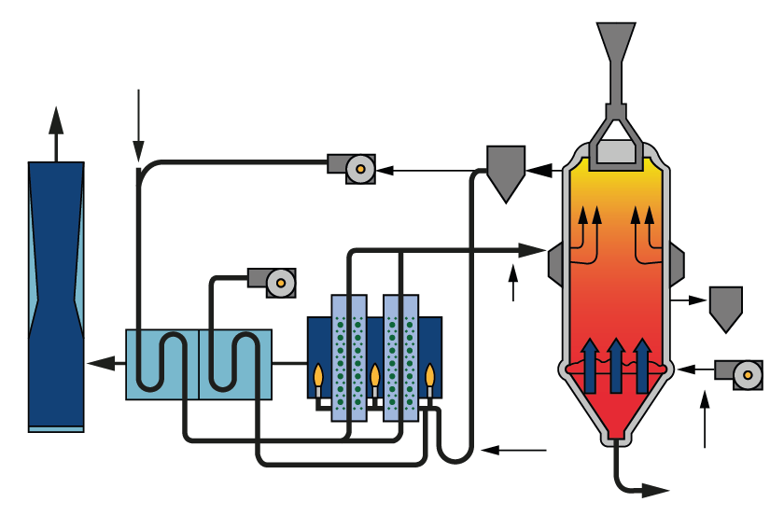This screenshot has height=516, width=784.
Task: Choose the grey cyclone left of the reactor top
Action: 506,171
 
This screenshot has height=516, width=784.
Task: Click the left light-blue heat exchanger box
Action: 162,365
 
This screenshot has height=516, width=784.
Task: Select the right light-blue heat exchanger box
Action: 236,365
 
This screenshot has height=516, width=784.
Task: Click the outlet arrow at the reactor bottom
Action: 653,490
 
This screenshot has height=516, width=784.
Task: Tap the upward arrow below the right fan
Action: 705,420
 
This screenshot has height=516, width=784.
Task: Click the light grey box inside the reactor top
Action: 616,151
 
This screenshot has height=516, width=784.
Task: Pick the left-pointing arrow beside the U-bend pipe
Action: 513,451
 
